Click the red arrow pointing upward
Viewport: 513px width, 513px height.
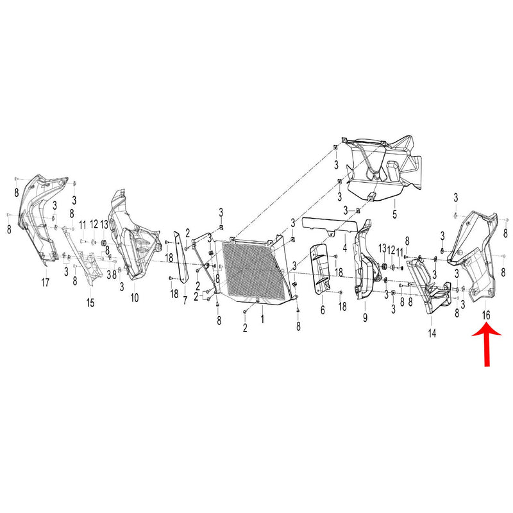(485, 346)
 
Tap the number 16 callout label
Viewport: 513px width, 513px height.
(485, 315)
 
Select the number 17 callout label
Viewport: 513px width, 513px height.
(45, 282)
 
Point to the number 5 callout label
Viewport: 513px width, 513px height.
(395, 212)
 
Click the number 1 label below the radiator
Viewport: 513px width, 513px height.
(262, 316)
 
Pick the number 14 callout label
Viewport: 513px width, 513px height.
(432, 333)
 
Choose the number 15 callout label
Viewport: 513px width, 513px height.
(90, 301)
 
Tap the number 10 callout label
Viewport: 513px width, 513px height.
(134, 298)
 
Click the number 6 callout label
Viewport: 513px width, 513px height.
(323, 310)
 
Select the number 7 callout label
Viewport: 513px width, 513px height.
(185, 299)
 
